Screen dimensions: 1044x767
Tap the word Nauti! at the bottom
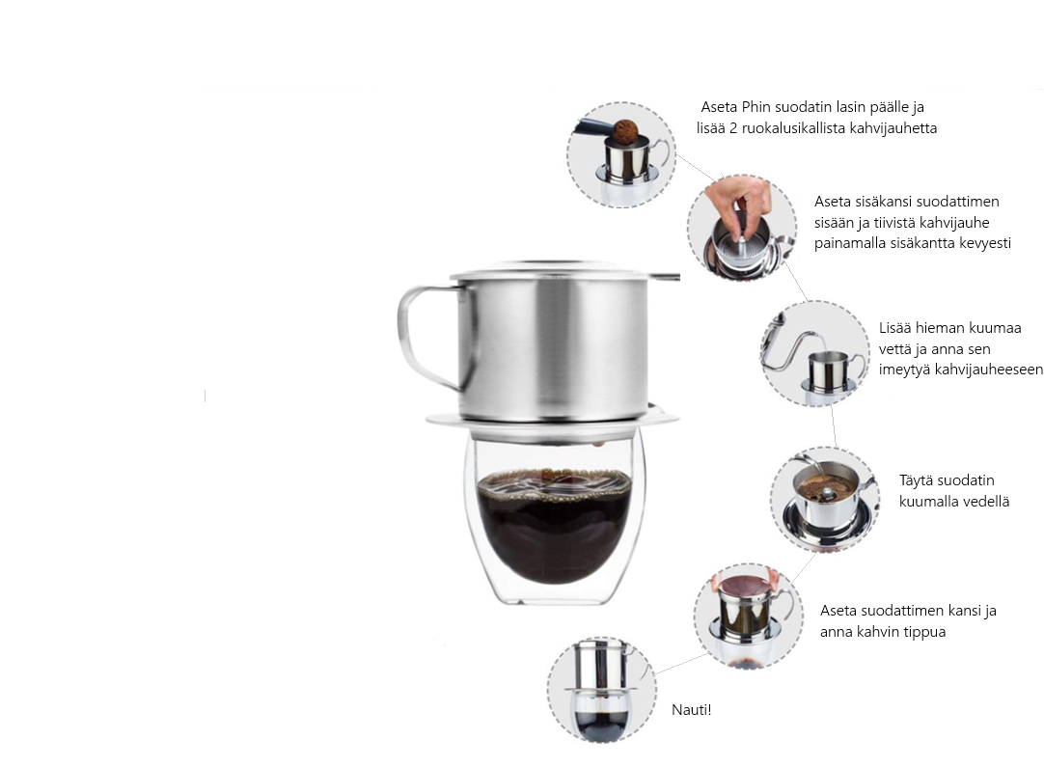[691, 710]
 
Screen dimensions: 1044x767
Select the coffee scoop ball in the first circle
[625, 132]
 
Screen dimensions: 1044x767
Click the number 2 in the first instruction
[733, 128]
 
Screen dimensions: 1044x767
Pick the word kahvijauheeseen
[961, 370]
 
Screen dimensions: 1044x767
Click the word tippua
[924, 633]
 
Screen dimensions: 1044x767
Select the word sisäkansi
[884, 202]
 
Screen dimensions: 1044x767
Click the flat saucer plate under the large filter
[552, 420]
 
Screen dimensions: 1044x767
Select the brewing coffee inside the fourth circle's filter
[826, 488]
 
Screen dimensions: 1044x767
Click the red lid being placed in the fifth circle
[745, 586]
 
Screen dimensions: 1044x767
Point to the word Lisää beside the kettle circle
[894, 328]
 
